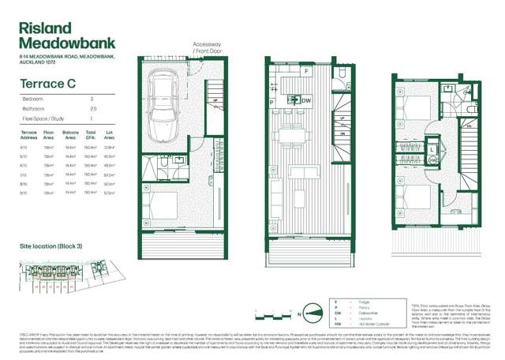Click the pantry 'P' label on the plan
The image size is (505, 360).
[x=271, y=103]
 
